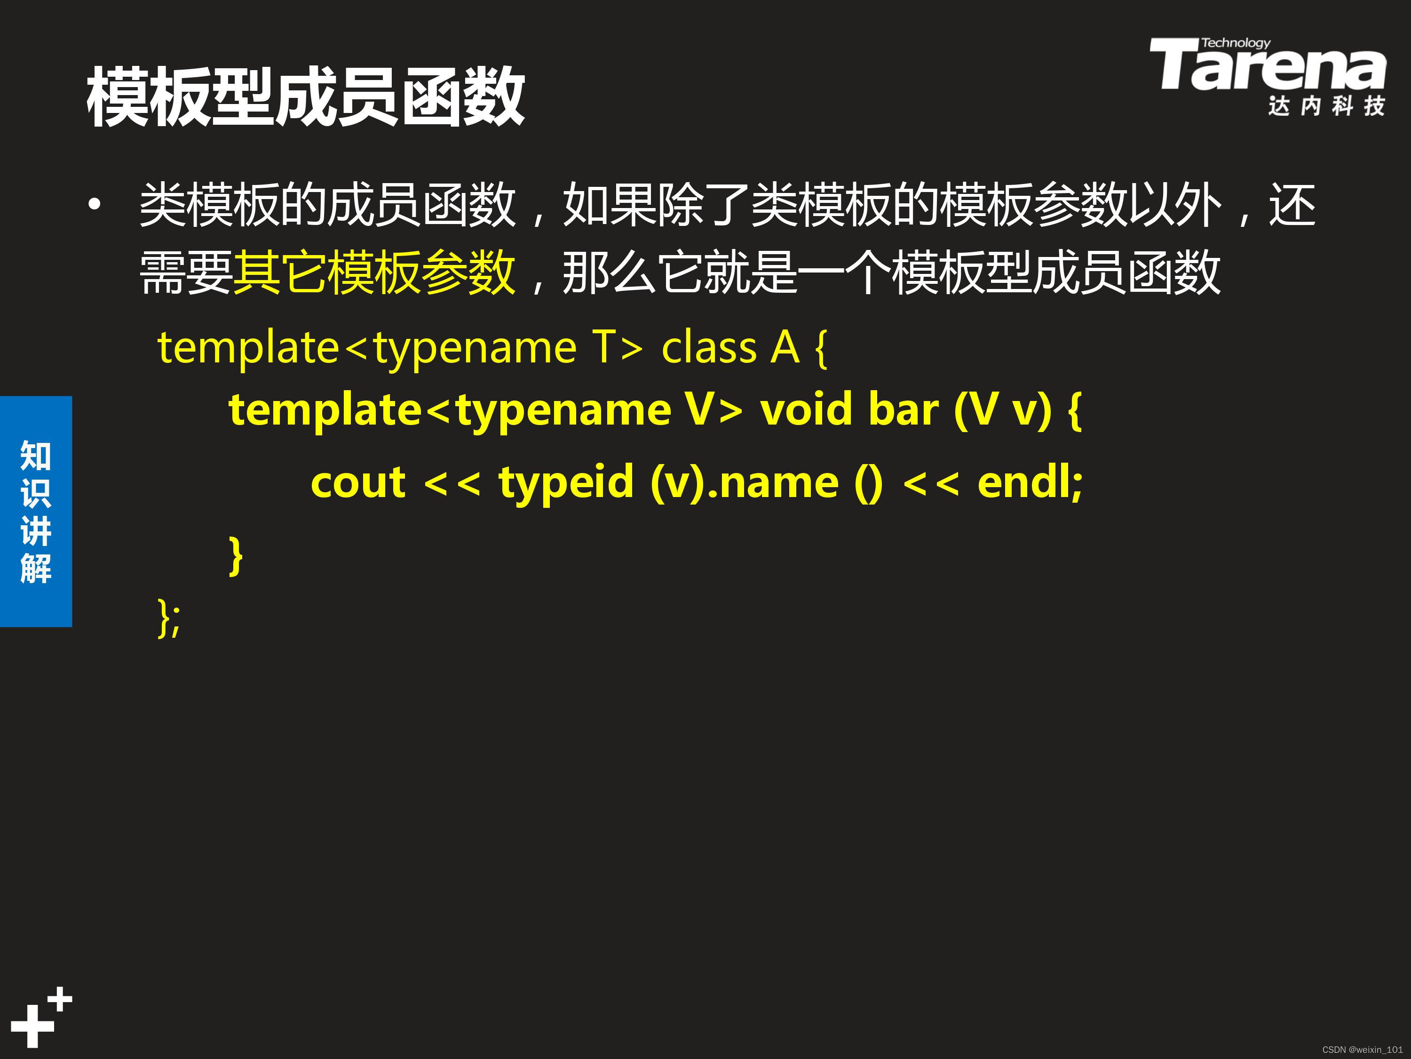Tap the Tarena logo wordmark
tap(1268, 66)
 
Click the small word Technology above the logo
tap(1236, 43)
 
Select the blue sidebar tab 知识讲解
tap(36, 511)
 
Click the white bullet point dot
tap(95, 205)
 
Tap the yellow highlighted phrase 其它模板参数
tap(374, 273)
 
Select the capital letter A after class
tap(785, 349)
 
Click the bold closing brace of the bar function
tap(236, 556)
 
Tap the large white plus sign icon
tap(32, 1026)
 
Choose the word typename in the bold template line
tap(564, 411)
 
